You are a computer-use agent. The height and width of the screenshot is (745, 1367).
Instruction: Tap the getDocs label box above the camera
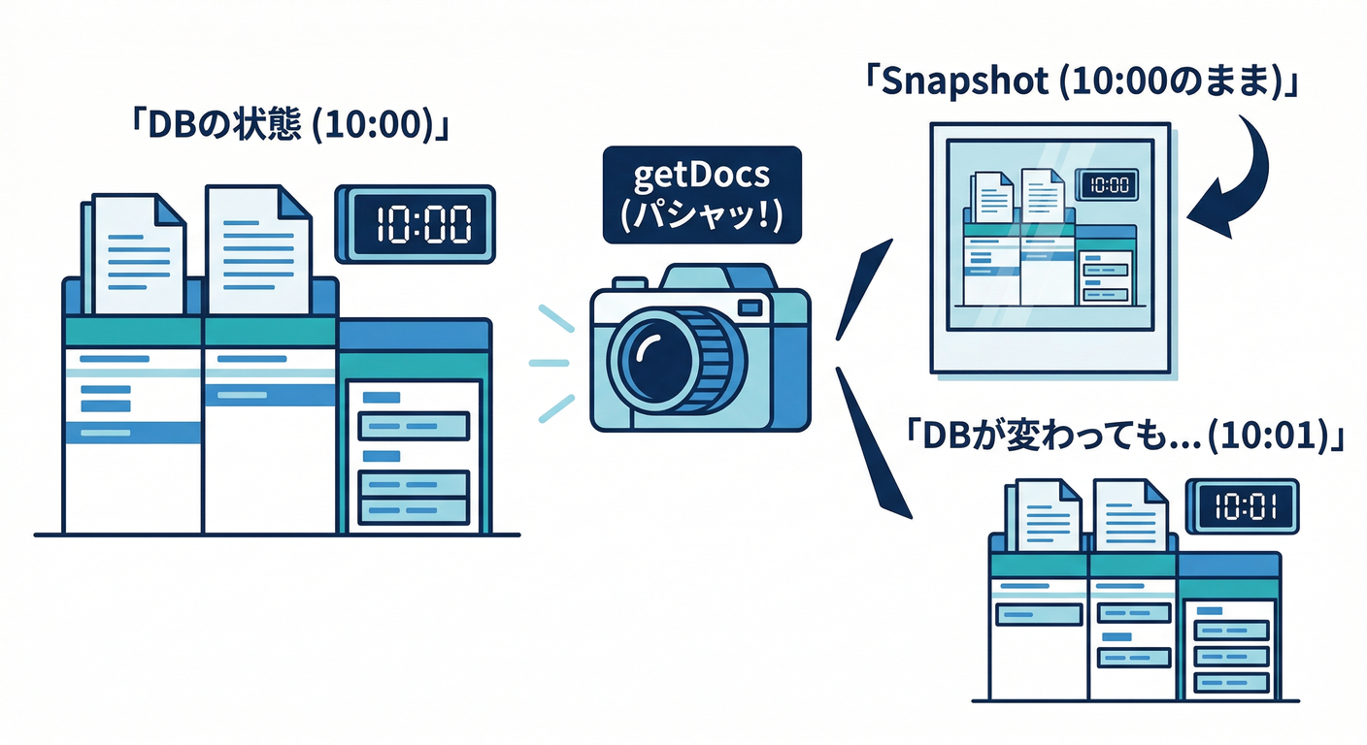coord(701,194)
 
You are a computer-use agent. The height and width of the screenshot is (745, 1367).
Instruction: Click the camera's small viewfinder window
coord(750,308)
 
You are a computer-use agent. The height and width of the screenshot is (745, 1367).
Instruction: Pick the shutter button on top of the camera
coord(630,282)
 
